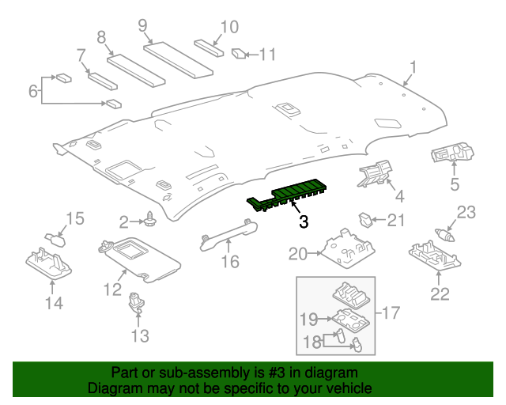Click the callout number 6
(33, 92)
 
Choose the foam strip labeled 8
(135, 68)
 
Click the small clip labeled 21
(364, 218)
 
